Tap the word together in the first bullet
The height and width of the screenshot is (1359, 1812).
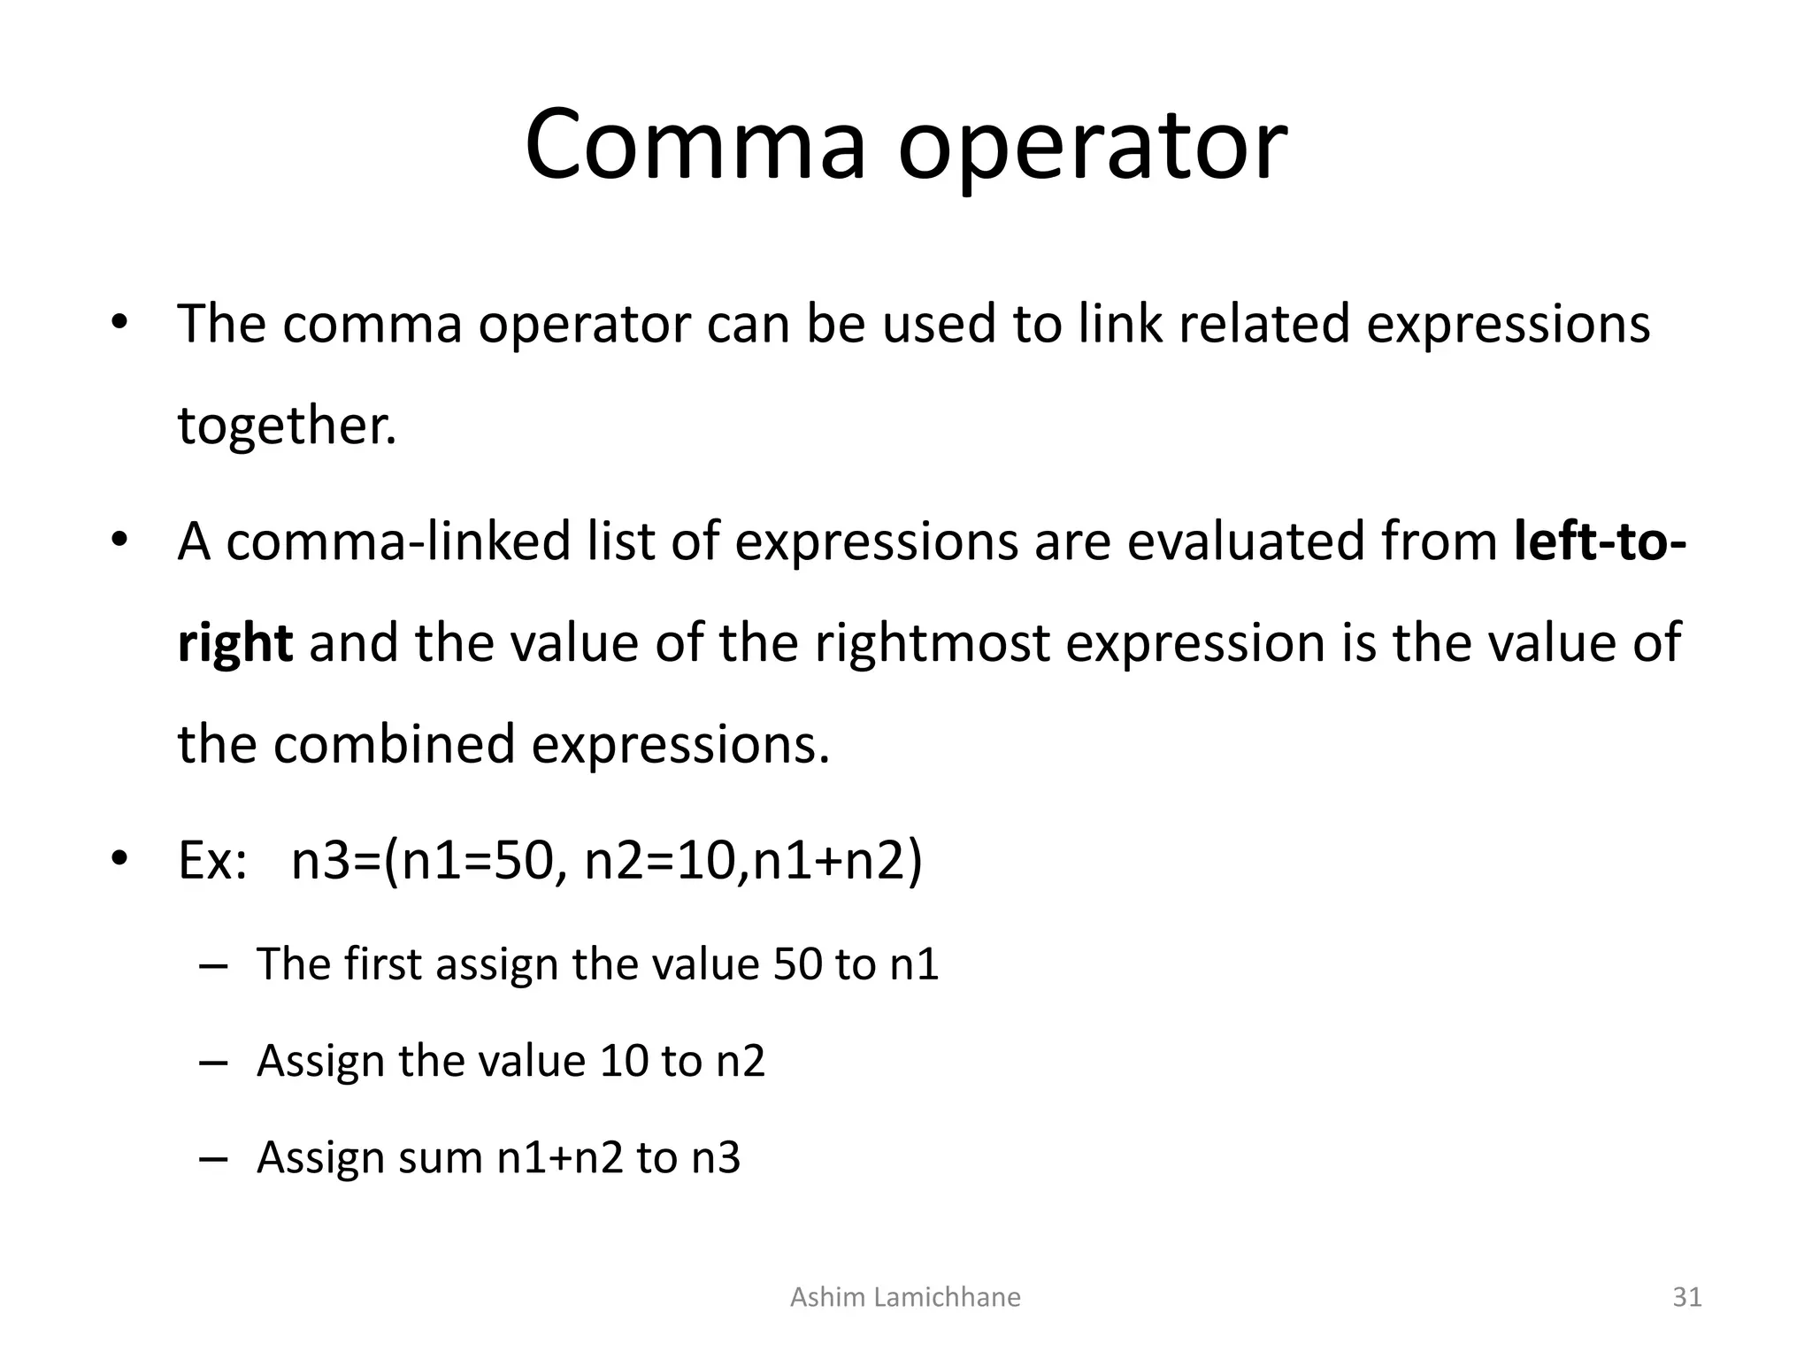pos(285,426)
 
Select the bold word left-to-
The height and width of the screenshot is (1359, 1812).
pos(1600,541)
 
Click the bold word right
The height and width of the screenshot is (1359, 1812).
pos(234,644)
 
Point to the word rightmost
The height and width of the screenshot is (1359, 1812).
pos(932,642)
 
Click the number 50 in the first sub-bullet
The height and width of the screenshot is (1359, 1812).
pos(798,964)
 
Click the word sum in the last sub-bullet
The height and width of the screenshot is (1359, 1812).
pos(440,1157)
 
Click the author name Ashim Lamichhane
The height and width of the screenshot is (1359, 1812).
pos(905,1297)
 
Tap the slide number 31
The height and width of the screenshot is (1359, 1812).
pos(1687,1297)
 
